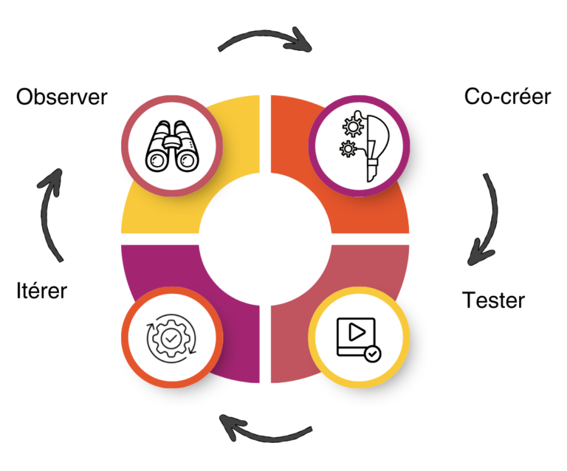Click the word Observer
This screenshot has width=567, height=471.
[x=62, y=97]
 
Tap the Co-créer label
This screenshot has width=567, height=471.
[x=507, y=97]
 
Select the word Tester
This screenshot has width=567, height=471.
[x=493, y=300]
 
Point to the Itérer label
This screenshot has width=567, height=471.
[x=41, y=290]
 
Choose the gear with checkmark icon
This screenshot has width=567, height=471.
[x=172, y=338]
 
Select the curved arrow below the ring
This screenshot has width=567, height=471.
[x=267, y=433]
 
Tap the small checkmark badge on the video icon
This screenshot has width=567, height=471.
[x=373, y=354]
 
